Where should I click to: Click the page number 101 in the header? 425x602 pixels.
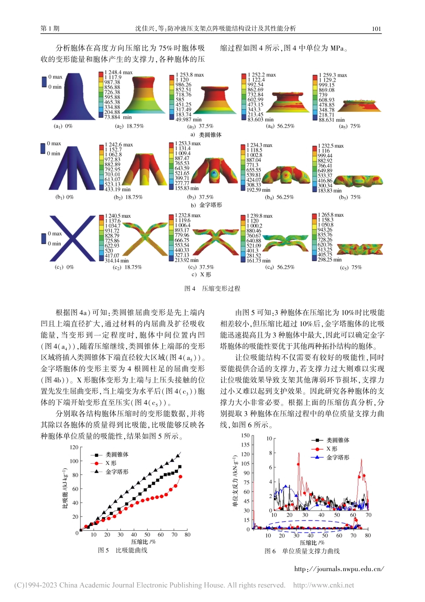pyautogui.click(x=376, y=29)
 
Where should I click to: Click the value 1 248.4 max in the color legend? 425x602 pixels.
pyautogui.click(x=119, y=72)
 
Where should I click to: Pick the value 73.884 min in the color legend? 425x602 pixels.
pyautogui.click(x=118, y=117)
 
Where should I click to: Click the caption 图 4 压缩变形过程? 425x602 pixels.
pyautogui.click(x=212, y=288)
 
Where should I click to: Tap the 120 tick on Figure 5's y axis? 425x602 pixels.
pyautogui.click(x=74, y=447)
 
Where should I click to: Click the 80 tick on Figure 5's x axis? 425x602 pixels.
pyautogui.click(x=187, y=534)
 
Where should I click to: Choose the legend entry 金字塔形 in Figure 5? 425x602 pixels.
pyautogui.click(x=117, y=472)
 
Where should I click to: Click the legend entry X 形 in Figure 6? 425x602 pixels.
pyautogui.click(x=331, y=448)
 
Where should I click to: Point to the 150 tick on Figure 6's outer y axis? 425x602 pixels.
pyautogui.click(x=246, y=435)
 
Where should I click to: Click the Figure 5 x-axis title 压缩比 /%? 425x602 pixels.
pyautogui.click(x=143, y=542)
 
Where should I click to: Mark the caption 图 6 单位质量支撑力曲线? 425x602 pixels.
pyautogui.click(x=302, y=551)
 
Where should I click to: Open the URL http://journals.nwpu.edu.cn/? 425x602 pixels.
pyautogui.click(x=339, y=569)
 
